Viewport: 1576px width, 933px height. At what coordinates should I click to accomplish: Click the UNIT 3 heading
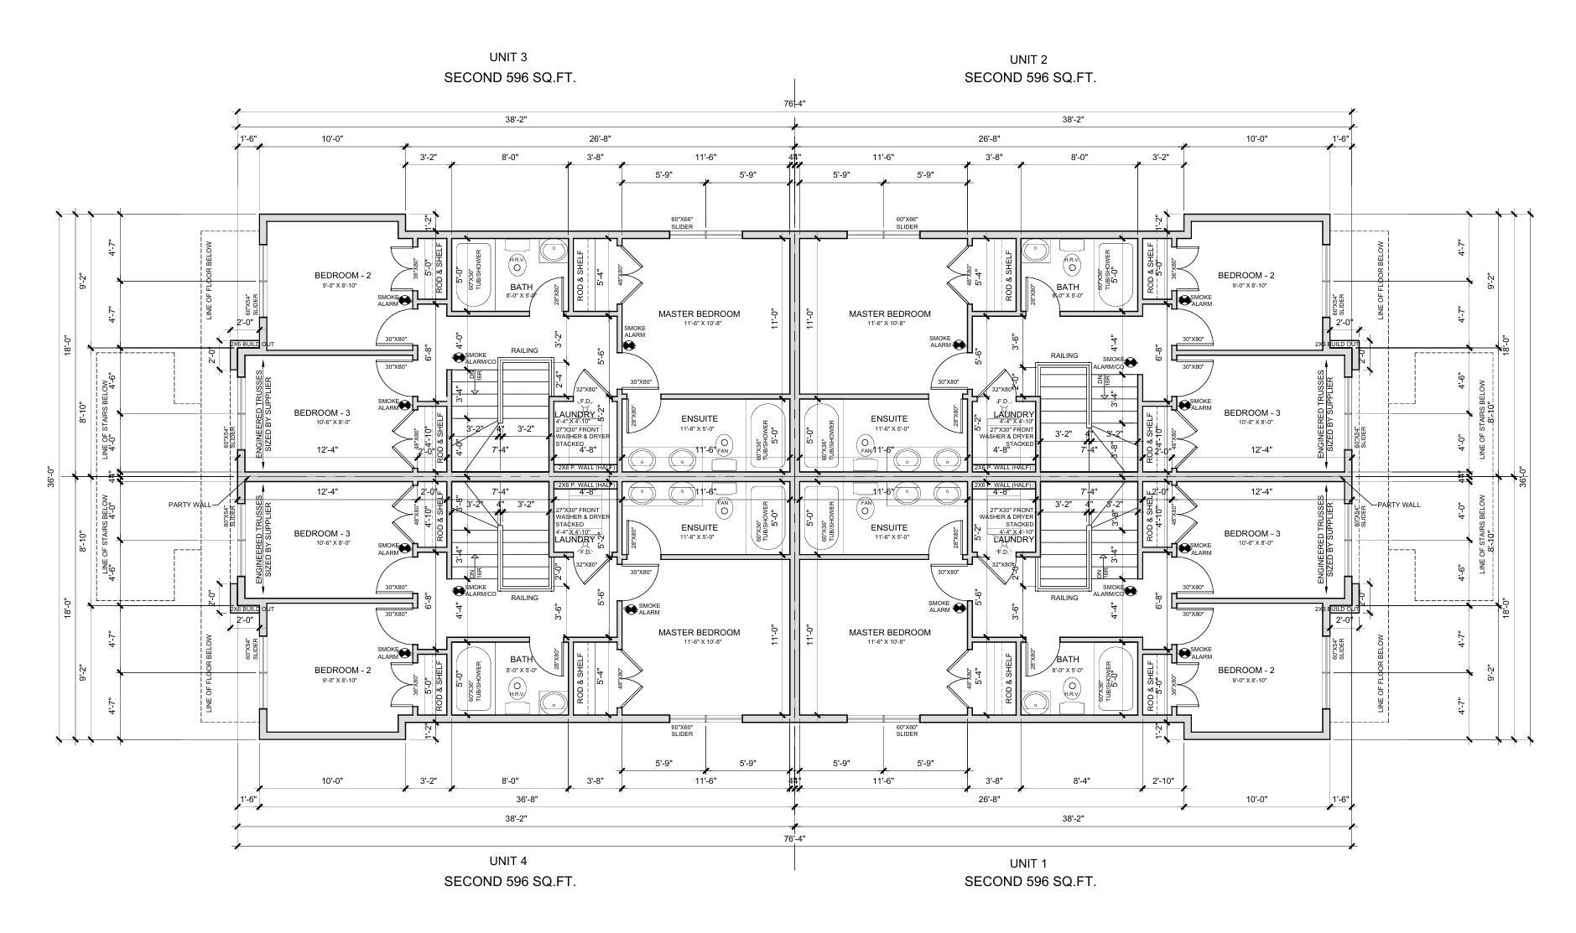click(x=508, y=57)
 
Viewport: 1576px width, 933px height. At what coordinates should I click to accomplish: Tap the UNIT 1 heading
click(x=1028, y=863)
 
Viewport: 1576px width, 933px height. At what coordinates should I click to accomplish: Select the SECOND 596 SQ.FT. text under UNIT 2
click(x=1029, y=78)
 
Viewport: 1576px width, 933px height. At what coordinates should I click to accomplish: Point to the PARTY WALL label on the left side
click(x=189, y=505)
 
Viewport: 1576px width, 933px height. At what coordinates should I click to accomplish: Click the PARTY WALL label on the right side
click(x=1398, y=505)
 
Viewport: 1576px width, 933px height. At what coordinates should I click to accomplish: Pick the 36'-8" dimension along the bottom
click(x=527, y=800)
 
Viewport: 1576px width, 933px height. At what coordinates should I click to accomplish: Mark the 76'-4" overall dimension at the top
click(x=794, y=103)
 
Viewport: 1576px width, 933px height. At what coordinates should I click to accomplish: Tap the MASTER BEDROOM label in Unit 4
click(x=699, y=632)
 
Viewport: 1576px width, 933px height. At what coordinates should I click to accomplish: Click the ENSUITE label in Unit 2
click(x=889, y=418)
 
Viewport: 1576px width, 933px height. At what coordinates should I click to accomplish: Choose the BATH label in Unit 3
click(x=522, y=287)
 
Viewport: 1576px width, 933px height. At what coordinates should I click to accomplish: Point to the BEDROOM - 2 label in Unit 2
click(x=1246, y=276)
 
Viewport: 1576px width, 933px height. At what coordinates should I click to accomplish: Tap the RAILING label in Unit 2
click(x=1064, y=355)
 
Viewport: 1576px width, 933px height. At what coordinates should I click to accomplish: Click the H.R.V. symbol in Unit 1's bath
click(x=1071, y=694)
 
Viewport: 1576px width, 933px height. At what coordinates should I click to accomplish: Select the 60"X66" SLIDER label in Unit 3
click(x=681, y=223)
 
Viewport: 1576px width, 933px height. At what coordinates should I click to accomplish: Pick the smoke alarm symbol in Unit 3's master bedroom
click(x=629, y=345)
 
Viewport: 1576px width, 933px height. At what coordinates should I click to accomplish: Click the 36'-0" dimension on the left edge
click(x=51, y=476)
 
